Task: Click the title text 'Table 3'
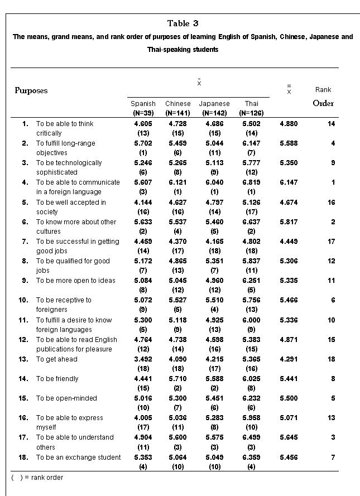183,23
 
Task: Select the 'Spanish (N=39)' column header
143,108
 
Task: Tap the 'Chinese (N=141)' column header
178,108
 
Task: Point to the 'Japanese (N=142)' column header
214,108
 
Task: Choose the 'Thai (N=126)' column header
251,108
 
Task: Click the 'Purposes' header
31,90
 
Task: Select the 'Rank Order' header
323,97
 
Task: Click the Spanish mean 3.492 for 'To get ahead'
143,359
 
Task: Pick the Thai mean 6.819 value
251,182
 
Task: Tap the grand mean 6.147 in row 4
289,182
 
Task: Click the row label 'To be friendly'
57,379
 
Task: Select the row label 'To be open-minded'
66,398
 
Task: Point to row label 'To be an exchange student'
79,458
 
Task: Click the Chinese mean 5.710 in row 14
178,379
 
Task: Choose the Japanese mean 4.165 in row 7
214,242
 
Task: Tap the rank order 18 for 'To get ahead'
332,359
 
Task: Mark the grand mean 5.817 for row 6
289,222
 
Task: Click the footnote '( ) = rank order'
37,478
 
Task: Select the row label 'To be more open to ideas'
76,281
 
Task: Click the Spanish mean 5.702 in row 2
143,143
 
